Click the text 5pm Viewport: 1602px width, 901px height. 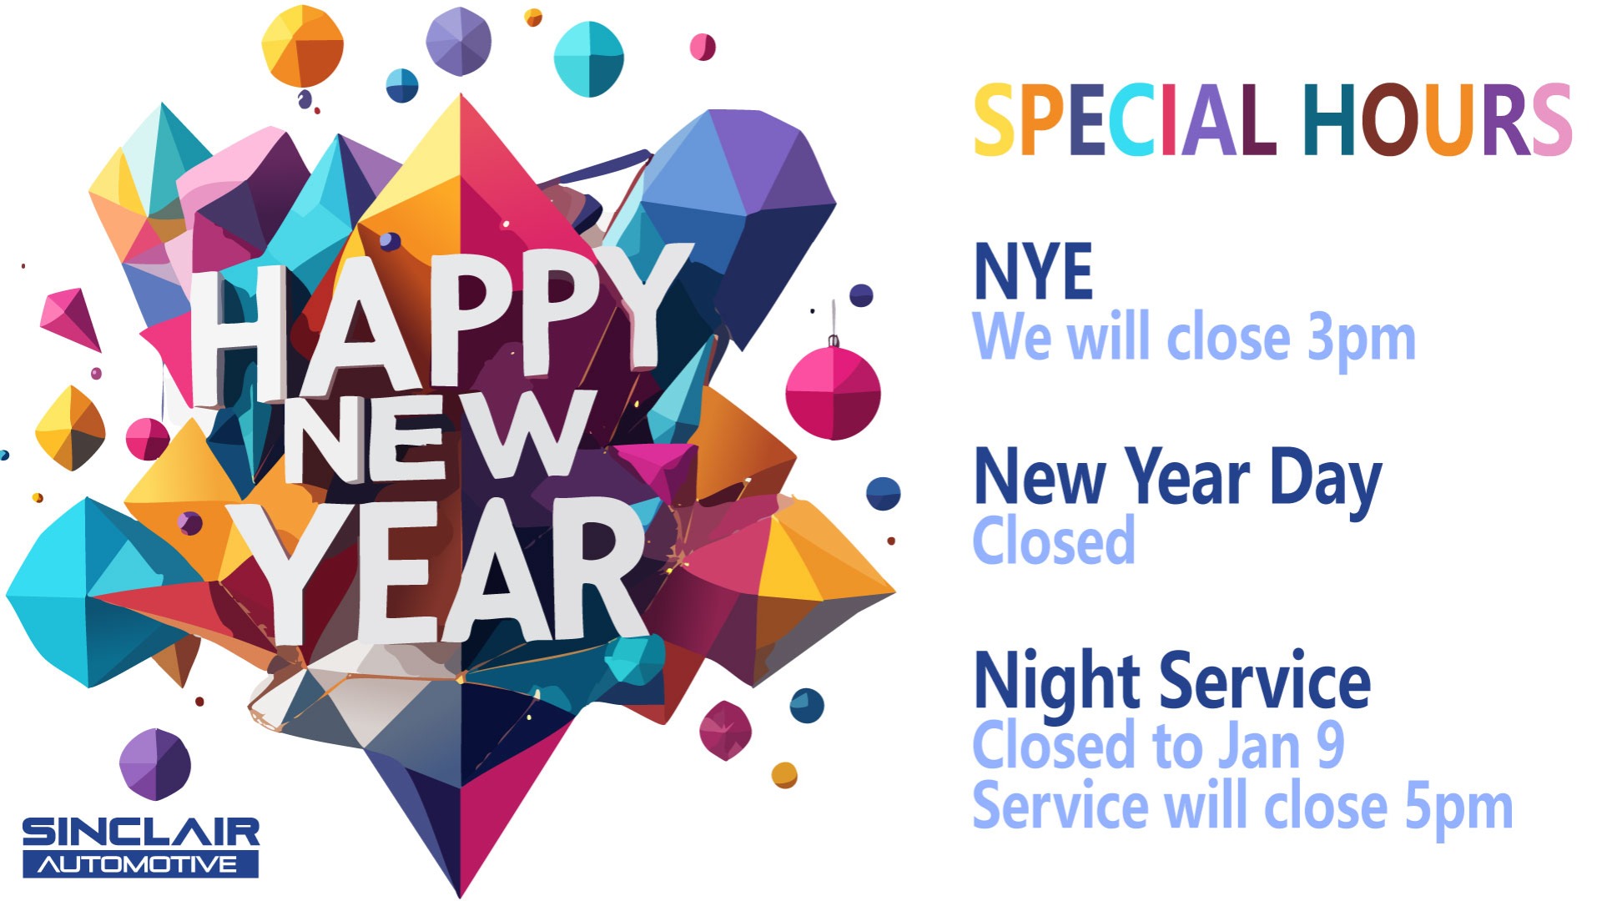tap(1458, 808)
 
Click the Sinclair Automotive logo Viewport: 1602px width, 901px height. tap(140, 847)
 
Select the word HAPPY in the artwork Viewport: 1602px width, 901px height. tap(434, 321)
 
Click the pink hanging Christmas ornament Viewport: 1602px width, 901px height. tap(833, 392)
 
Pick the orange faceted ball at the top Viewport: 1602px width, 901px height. tap(302, 46)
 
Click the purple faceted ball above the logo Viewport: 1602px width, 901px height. tap(154, 763)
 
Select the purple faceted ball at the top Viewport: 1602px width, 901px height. tap(458, 41)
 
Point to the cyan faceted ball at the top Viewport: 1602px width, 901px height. tap(589, 58)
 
